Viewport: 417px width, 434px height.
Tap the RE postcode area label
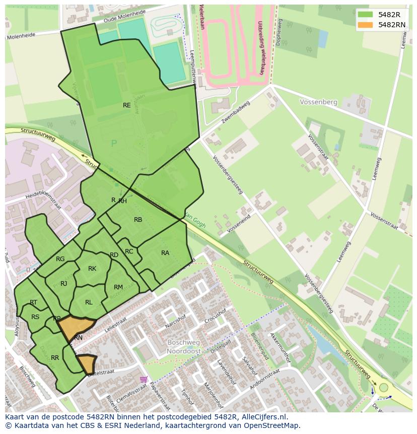(x=127, y=105)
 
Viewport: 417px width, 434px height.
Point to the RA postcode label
(x=165, y=253)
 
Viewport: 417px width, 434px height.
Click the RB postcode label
(x=138, y=220)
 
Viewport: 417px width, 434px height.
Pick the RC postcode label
(x=129, y=252)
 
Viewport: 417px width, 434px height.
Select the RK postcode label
(x=92, y=269)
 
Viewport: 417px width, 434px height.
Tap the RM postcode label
(x=118, y=287)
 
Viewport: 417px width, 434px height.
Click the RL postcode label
(x=89, y=302)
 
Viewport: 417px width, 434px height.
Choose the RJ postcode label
(x=64, y=284)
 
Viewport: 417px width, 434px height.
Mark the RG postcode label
(x=60, y=259)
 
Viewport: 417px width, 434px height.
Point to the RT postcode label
(x=33, y=302)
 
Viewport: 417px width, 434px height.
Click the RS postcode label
(x=35, y=317)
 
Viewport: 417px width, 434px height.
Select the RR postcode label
(x=55, y=358)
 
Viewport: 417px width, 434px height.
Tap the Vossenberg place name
(x=318, y=102)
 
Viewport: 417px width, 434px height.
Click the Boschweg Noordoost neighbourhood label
(x=184, y=347)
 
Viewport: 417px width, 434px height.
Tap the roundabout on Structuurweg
(x=384, y=388)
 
